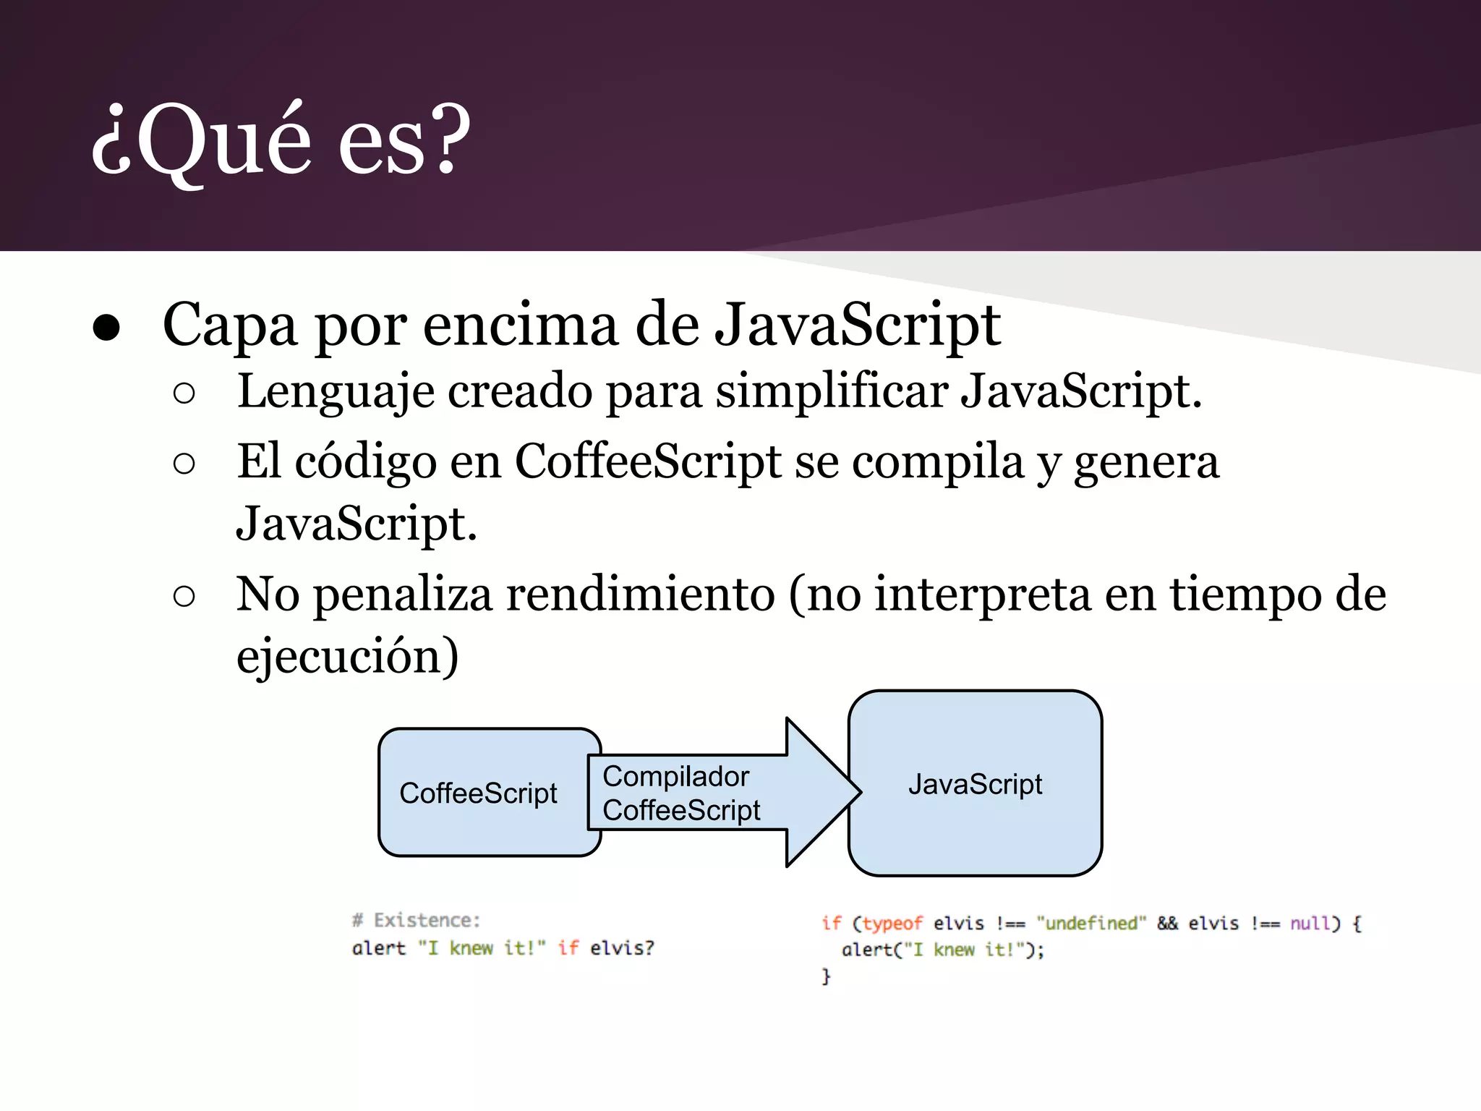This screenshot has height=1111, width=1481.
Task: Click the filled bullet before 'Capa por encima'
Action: pyautogui.click(x=106, y=328)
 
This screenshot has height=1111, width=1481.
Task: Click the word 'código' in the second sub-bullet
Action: pyautogui.click(x=365, y=461)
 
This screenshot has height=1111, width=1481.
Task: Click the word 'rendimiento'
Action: pyautogui.click(x=640, y=595)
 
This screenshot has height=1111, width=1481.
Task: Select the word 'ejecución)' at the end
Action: pyautogui.click(x=347, y=656)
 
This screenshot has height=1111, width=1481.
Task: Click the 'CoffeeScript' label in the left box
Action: pyautogui.click(x=478, y=793)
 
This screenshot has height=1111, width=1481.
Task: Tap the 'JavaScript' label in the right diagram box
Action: pyautogui.click(x=975, y=784)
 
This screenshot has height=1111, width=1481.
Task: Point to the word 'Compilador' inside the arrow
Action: pyautogui.click(x=675, y=776)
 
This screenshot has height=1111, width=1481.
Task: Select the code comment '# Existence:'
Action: pyautogui.click(x=416, y=920)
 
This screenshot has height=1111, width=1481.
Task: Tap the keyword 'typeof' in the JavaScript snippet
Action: pyautogui.click(x=892, y=924)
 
